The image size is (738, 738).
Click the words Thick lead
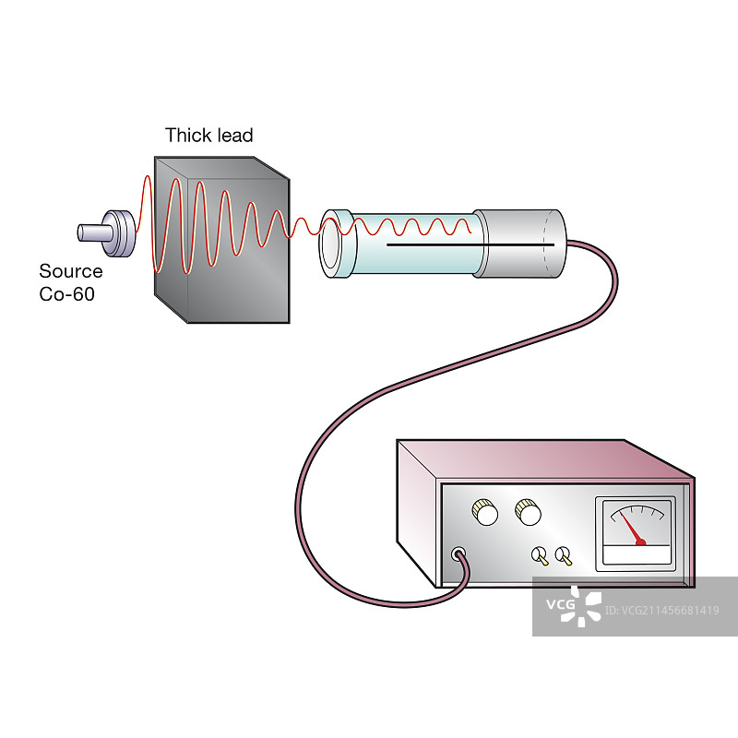[208, 136]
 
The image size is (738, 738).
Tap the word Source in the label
[70, 271]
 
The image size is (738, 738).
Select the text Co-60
[66, 294]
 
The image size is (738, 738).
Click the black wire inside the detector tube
[461, 245]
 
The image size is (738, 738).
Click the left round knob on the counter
[483, 512]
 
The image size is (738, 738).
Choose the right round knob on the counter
[528, 511]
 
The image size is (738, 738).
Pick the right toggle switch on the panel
[563, 556]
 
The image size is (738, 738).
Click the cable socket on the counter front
[457, 555]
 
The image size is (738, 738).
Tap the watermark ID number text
[664, 610]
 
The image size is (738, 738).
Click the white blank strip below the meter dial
[636, 555]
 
